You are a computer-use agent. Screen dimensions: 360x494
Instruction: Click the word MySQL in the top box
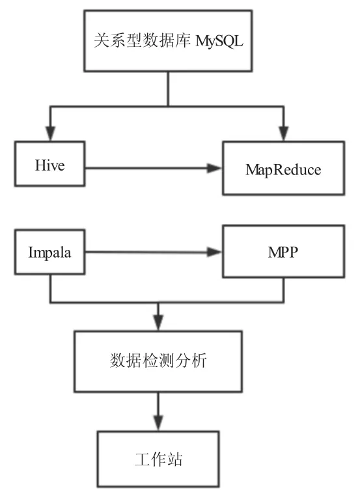219,41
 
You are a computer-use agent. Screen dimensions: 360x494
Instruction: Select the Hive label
50,165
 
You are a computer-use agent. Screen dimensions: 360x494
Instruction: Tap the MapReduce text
283,170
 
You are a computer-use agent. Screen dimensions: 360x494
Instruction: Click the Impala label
50,253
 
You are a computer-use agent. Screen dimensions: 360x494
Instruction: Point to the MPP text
283,252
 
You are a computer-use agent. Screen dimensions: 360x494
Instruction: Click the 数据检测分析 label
158,360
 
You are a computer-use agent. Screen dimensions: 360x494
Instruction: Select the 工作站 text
159,460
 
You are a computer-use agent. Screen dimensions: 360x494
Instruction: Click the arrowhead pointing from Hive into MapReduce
215,168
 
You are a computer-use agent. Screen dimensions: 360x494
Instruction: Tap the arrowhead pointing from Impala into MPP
215,252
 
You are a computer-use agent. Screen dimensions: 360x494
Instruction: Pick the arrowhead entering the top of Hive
50,133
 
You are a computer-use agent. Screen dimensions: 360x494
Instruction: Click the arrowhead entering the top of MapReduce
284,133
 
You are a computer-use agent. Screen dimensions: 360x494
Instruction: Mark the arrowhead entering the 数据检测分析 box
158,323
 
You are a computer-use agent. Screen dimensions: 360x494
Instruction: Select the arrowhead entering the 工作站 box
158,423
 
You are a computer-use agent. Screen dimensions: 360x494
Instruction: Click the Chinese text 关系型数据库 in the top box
142,40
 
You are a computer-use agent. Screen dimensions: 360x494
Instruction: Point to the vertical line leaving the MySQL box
168,89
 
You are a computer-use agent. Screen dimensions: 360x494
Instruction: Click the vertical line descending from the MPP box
284,290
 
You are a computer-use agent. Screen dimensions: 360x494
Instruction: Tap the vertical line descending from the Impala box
50,288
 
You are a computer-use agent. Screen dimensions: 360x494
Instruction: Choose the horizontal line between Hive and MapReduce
146,168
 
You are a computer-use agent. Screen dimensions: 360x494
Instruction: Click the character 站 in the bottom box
175,460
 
